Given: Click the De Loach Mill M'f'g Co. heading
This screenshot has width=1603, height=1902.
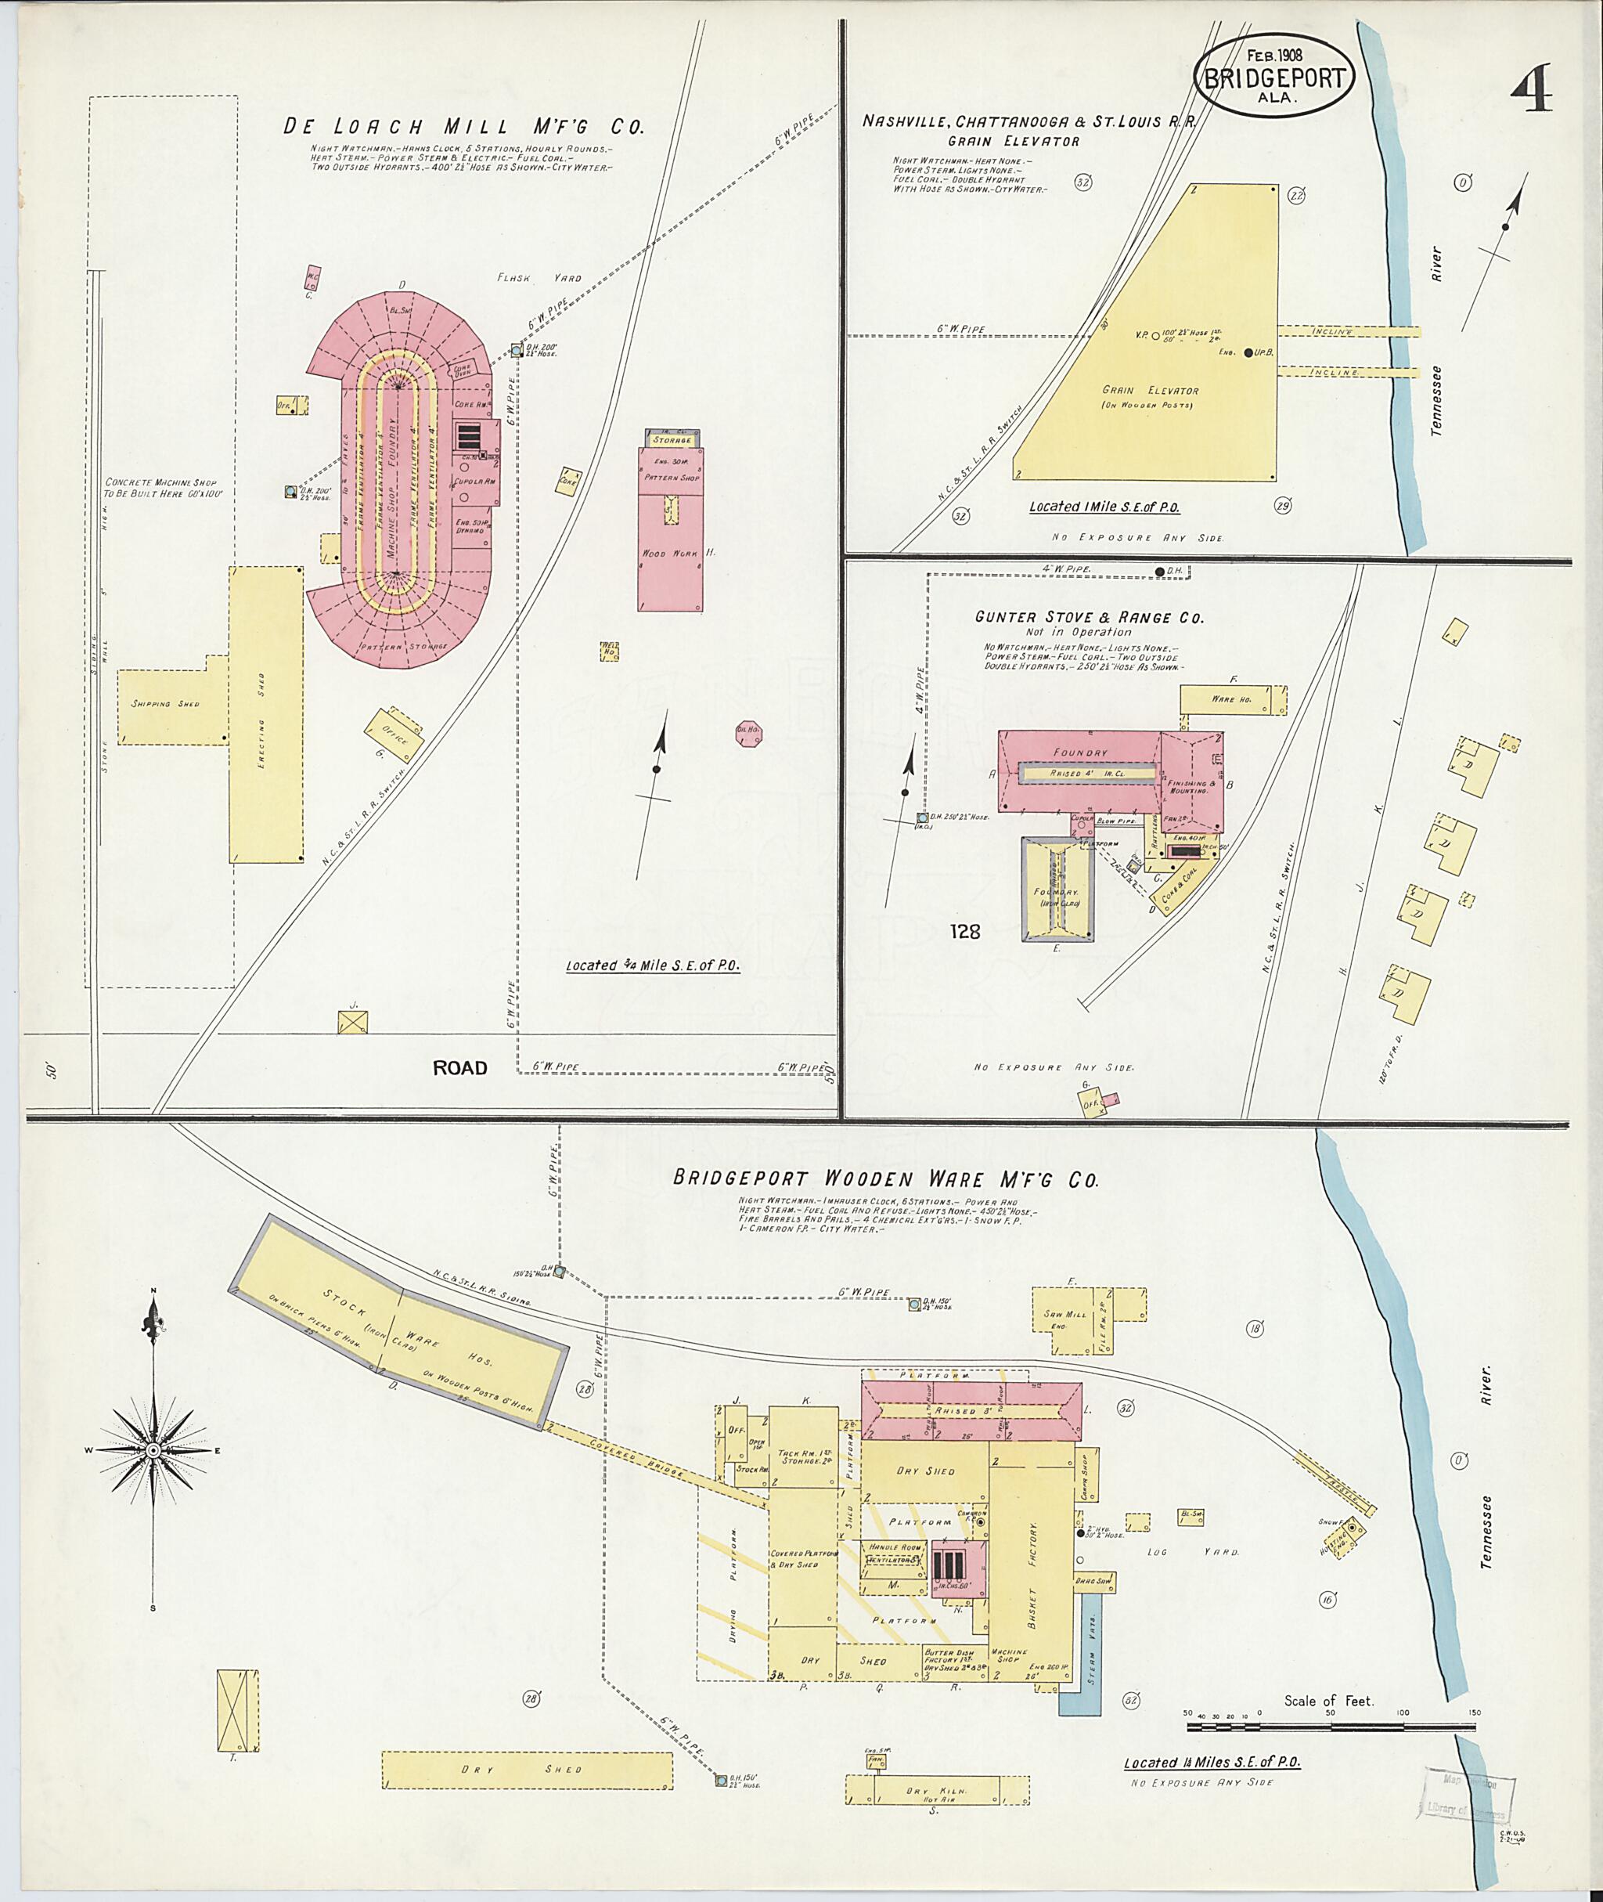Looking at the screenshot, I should click(x=463, y=126).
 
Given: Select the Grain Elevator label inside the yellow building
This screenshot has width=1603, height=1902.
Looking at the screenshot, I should click(x=1149, y=390).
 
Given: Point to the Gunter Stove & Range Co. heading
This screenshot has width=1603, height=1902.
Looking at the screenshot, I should click(x=1089, y=617).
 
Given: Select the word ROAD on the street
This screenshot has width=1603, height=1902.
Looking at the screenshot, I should click(x=459, y=1067).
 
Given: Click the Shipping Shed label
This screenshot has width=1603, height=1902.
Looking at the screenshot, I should click(x=164, y=704).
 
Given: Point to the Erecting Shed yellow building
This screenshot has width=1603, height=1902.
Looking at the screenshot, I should click(x=265, y=715).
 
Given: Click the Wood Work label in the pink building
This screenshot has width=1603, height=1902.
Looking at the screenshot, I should click(x=668, y=553).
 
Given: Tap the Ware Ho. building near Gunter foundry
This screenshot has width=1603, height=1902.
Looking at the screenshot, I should click(x=1232, y=699).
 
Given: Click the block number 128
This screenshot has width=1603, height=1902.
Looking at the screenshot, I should click(x=964, y=931).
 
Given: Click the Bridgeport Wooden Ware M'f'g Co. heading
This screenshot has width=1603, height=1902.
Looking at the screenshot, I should click(x=885, y=1179).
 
